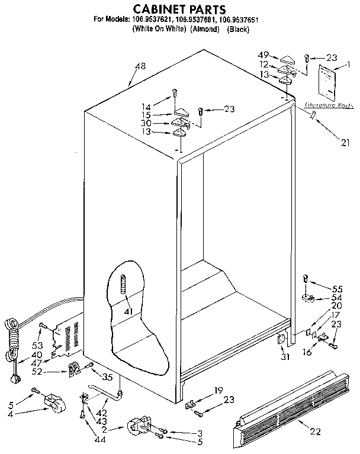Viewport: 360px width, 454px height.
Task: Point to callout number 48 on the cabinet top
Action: click(140, 66)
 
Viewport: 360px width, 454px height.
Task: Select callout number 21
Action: click(345, 142)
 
